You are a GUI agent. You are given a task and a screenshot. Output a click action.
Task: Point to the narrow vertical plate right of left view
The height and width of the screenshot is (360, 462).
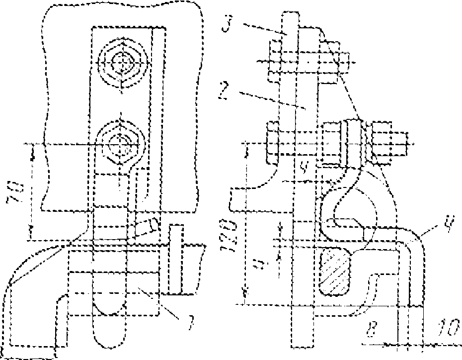[x=175, y=259]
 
